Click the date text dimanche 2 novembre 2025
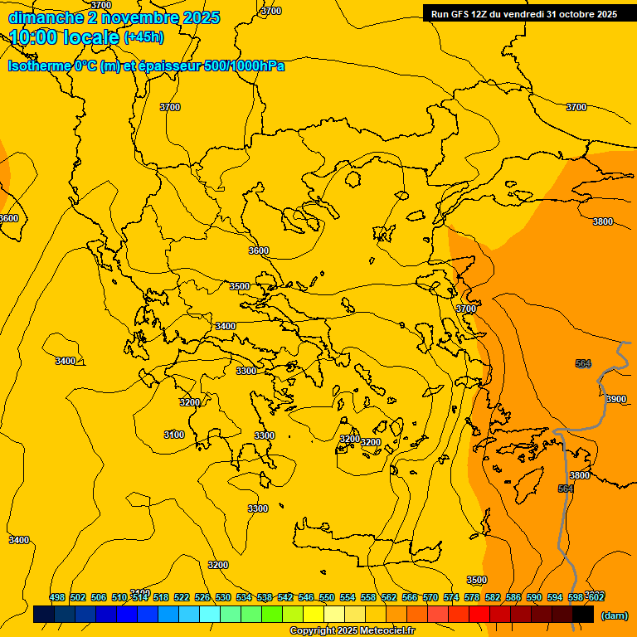114,17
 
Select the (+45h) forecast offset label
143,37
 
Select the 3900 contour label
615,399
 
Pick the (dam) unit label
614,615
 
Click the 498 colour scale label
57,597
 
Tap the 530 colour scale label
223,597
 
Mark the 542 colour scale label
285,597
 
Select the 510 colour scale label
119,597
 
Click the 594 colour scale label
555,597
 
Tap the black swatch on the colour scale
583,615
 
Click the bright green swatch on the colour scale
272,615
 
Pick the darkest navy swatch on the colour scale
44,615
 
